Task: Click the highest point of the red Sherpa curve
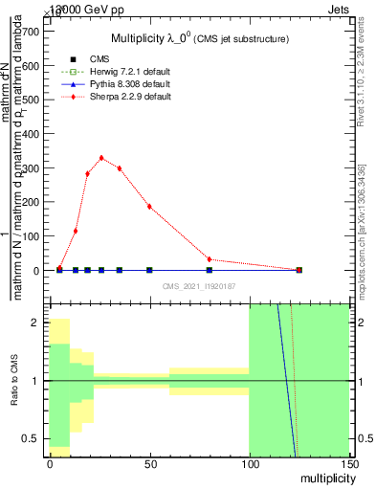click(x=101, y=158)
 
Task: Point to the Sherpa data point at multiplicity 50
click(x=149, y=207)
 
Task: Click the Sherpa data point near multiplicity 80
click(x=210, y=259)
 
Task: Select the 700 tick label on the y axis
click(x=30, y=32)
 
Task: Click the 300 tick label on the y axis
click(x=30, y=168)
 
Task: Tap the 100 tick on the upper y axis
click(x=30, y=236)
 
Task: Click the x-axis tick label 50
click(x=149, y=463)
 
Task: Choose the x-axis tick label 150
click(x=348, y=463)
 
